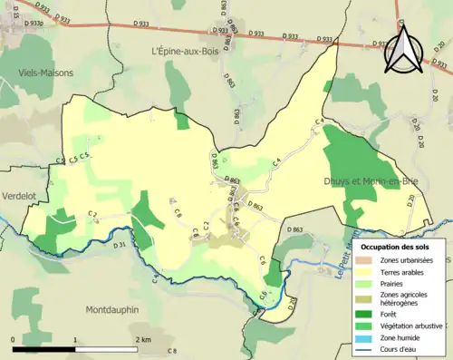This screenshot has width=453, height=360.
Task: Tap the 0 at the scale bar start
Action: (14, 338)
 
